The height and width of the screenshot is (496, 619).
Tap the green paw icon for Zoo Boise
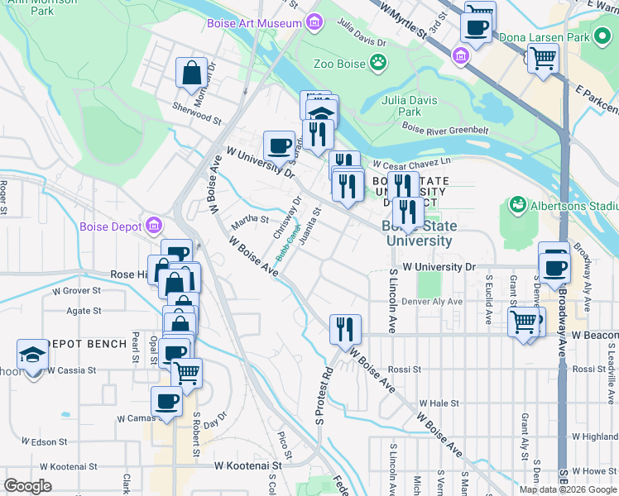tap(378, 62)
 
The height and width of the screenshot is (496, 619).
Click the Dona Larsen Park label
tap(541, 37)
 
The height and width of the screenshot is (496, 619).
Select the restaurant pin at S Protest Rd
tap(345, 328)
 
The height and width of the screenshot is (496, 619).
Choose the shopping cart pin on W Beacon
tap(524, 321)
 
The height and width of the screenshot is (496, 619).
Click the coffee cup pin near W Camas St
tap(166, 403)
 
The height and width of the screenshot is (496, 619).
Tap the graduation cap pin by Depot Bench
tap(33, 355)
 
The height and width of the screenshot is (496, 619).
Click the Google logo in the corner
tap(28, 486)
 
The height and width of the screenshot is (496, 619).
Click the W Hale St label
tap(439, 403)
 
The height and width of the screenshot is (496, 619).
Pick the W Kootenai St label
tap(248, 466)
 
